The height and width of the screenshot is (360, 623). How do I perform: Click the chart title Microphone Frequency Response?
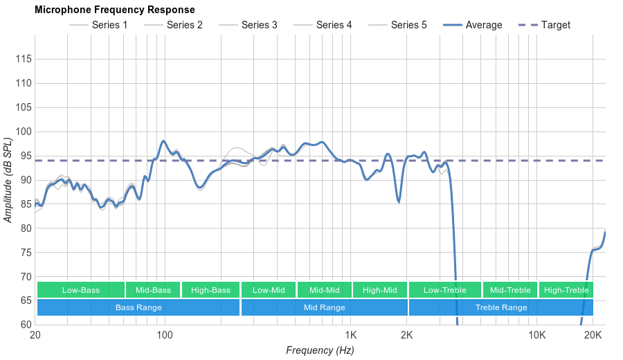click(x=115, y=10)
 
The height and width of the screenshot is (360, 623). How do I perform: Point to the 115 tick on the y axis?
click(x=24, y=60)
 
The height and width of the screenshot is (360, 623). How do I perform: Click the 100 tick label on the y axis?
click(x=24, y=132)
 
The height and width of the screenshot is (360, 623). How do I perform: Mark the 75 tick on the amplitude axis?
click(x=24, y=252)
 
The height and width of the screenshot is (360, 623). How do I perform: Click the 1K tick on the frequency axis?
click(x=350, y=336)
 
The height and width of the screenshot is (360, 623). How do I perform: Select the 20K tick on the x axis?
click(x=593, y=336)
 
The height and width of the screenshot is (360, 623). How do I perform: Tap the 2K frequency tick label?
click(x=406, y=336)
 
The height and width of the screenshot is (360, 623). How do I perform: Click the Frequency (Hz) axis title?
click(x=320, y=350)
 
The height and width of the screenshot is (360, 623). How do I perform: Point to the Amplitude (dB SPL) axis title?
click(x=8, y=180)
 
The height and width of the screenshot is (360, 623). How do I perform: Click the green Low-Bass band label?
click(x=81, y=290)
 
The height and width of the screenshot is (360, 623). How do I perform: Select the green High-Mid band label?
click(x=379, y=290)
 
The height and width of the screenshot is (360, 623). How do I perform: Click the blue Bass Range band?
click(x=138, y=307)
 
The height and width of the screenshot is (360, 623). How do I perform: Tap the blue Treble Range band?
click(x=501, y=307)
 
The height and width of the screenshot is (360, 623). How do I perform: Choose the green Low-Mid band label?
click(x=269, y=290)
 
